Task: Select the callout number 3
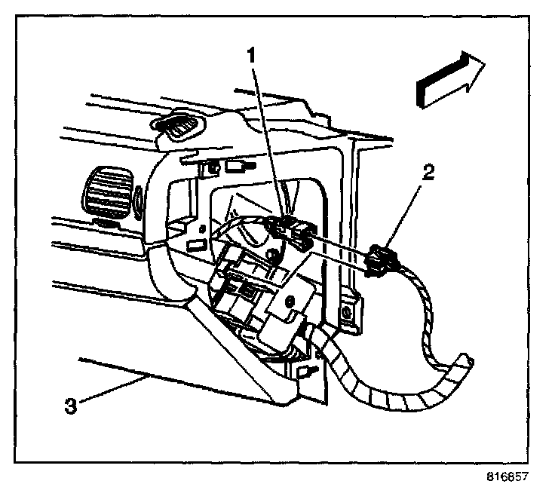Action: tap(70, 406)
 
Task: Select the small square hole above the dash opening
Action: tap(214, 167)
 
